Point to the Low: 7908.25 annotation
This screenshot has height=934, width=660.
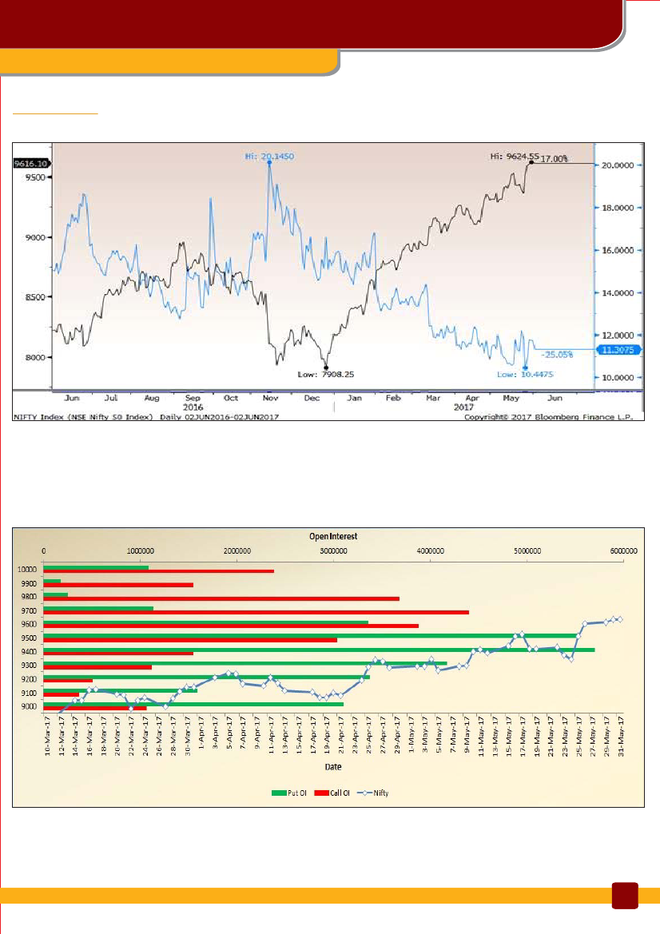[x=327, y=373]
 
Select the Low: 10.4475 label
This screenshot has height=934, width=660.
[x=520, y=373]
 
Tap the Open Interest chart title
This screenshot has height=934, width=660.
[x=333, y=536]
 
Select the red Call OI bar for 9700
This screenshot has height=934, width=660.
[x=256, y=612]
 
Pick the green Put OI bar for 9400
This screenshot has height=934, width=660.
[x=319, y=650]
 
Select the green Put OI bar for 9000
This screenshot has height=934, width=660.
[x=193, y=704]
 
